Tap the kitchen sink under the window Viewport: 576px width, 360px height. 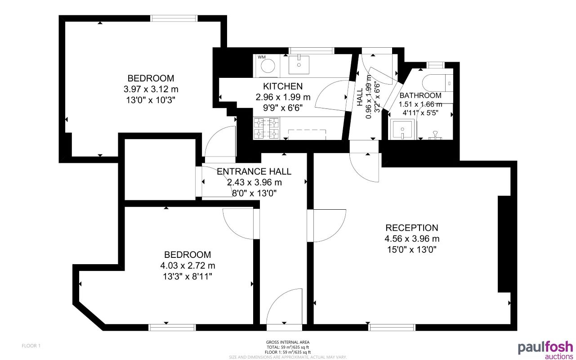[x=299, y=64]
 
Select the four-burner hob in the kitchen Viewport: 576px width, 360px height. [x=266, y=128]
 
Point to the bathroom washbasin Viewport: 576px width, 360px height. [x=402, y=130]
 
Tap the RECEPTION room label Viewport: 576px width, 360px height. [x=411, y=228]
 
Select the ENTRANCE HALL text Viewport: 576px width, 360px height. [x=254, y=171]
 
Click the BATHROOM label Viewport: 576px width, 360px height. [x=420, y=95]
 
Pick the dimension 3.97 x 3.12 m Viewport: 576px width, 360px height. [x=151, y=89]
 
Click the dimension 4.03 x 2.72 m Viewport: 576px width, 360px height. [x=188, y=265]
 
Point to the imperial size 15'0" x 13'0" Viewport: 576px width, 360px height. [x=411, y=249]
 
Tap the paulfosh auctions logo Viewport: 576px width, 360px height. [x=545, y=350]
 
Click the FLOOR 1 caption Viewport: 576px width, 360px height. [x=31, y=346]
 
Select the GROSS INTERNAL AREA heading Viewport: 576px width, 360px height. [x=288, y=342]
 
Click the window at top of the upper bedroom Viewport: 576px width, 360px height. [x=174, y=18]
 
